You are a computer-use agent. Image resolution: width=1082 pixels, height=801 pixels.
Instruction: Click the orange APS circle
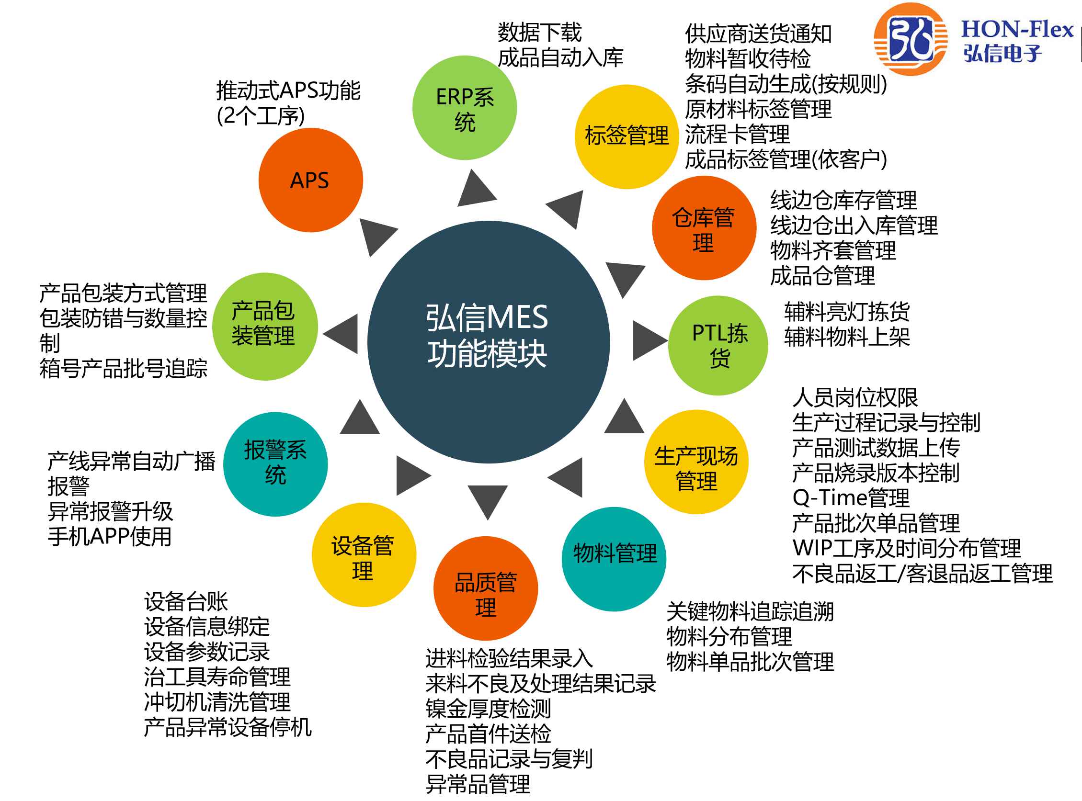click(310, 180)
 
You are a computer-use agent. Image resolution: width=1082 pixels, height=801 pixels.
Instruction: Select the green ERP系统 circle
click(464, 108)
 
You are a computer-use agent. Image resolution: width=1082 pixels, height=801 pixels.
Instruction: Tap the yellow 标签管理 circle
click(626, 136)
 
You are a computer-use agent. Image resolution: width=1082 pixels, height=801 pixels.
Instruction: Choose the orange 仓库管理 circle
click(704, 228)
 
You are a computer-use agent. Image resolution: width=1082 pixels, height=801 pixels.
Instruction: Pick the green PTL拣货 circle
click(718, 345)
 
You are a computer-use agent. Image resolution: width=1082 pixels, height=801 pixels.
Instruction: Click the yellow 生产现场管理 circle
click(696, 462)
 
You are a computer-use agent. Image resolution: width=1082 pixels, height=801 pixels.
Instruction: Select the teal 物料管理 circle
click(614, 559)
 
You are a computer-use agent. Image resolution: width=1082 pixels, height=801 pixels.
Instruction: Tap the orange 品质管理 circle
click(486, 588)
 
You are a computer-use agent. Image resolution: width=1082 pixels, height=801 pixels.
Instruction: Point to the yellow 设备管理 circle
click(363, 554)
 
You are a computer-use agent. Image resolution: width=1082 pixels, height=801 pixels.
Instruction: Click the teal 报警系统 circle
click(275, 464)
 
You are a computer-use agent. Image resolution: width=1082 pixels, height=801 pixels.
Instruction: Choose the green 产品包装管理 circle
click(265, 327)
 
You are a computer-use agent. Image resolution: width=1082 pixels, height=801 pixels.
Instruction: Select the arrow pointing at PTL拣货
click(649, 340)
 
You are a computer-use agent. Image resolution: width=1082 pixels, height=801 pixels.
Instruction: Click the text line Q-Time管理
click(851, 497)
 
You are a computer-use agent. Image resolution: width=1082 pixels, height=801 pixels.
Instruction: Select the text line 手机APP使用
click(110, 536)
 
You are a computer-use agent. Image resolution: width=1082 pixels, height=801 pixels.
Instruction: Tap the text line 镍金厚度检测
click(488, 709)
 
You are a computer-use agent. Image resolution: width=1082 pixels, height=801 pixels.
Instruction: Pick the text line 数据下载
click(539, 33)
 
